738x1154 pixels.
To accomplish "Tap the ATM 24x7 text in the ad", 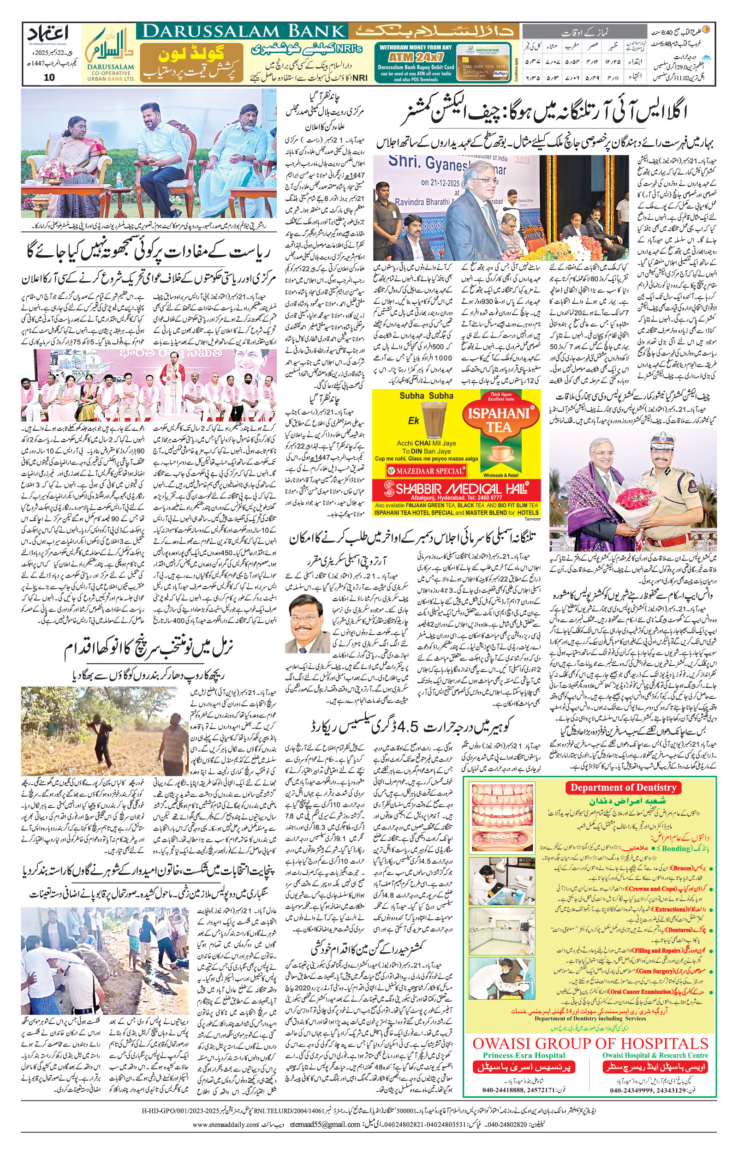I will [x=415, y=56].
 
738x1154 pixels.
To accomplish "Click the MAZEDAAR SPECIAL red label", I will [x=426, y=471].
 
